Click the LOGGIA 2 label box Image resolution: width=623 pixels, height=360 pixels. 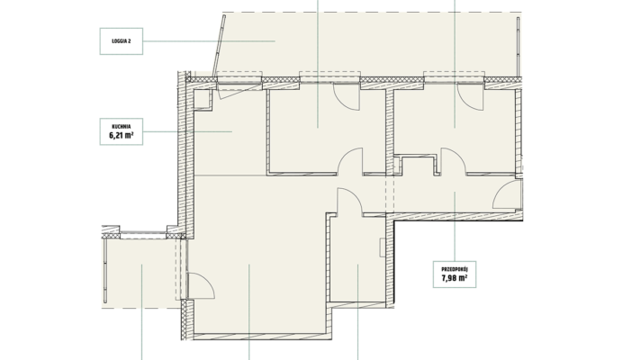(122, 41)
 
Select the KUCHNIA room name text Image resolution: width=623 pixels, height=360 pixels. (122, 127)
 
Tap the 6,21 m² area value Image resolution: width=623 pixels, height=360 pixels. (122, 136)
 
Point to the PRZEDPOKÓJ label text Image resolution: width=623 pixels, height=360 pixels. (455, 269)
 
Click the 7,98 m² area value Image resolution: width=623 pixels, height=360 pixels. (455, 278)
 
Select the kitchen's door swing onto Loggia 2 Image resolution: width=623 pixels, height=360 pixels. (238, 91)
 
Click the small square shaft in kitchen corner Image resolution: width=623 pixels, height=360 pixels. (202, 99)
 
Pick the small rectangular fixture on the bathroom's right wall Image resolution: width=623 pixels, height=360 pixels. (382, 247)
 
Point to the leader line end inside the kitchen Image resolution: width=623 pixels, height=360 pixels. (231, 131)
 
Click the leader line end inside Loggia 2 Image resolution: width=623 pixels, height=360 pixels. (275, 40)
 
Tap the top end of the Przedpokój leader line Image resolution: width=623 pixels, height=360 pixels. (455, 193)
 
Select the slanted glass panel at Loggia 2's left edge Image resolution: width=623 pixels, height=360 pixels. (219, 46)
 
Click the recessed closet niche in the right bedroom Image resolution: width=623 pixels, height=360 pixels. (417, 165)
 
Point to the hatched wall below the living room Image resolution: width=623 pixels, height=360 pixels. (262, 337)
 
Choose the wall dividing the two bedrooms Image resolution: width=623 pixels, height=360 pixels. (389, 131)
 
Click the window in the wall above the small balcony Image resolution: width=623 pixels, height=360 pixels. (143, 235)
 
